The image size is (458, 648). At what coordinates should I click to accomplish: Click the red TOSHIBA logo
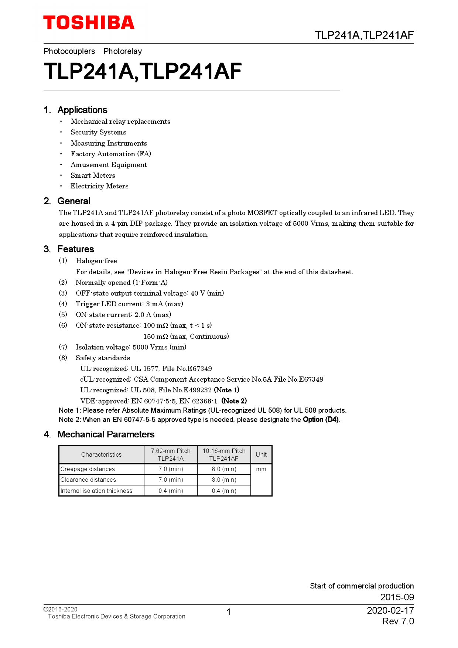pyautogui.click(x=89, y=23)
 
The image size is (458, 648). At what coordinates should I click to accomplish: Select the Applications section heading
pyautogui.click(x=82, y=110)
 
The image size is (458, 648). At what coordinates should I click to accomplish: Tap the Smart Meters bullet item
pyautogui.click(x=93, y=175)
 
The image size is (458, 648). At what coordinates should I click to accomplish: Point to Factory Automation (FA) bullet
pyautogui.click(x=111, y=154)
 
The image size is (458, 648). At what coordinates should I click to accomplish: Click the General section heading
pyautogui.click(x=74, y=201)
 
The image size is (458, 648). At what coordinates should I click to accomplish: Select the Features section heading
pyautogui.click(x=76, y=249)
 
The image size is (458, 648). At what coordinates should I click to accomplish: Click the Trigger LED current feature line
pyautogui.click(x=129, y=304)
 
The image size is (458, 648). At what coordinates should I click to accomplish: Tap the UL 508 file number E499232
pyautogui.click(x=198, y=390)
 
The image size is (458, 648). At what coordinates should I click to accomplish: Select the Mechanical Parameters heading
pyautogui.click(x=106, y=434)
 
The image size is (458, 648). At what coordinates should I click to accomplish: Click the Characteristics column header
pyautogui.click(x=101, y=455)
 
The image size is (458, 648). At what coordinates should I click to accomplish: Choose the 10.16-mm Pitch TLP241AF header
pyautogui.click(x=224, y=455)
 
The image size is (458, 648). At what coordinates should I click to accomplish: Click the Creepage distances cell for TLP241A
pyautogui.click(x=171, y=469)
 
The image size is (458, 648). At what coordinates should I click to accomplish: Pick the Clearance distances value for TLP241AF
pyautogui.click(x=224, y=480)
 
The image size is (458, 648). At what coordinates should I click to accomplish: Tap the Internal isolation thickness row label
pyautogui.click(x=96, y=491)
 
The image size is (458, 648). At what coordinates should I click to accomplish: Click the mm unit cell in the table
pyautogui.click(x=261, y=469)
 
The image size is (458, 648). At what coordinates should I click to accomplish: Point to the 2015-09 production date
pyautogui.click(x=397, y=597)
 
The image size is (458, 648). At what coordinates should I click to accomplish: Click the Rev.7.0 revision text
pyautogui.click(x=398, y=621)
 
